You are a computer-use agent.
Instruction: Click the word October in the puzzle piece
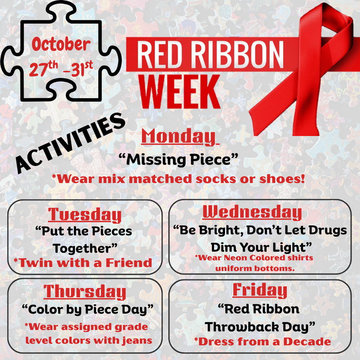[x=61, y=45]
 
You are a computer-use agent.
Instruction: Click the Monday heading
[x=178, y=136]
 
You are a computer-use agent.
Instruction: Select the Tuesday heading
[x=85, y=214]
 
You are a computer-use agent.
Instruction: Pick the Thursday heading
[x=85, y=291]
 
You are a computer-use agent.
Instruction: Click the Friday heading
[x=259, y=290]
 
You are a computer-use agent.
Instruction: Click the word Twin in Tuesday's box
[x=34, y=262]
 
